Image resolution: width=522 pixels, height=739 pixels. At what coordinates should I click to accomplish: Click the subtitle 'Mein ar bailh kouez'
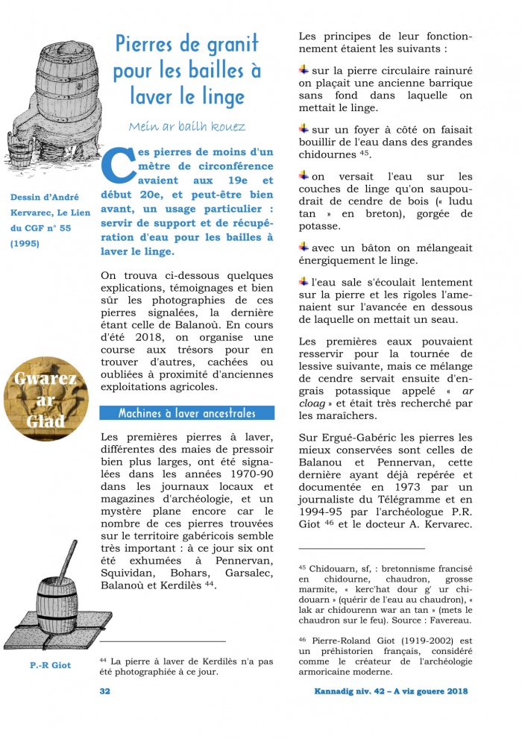coord(186,126)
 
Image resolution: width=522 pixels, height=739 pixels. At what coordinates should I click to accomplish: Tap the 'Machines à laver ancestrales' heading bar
coord(186,413)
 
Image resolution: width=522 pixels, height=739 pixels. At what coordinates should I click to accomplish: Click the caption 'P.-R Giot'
coord(51,664)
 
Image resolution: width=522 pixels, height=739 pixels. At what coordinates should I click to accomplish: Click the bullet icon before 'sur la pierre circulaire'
coord(304,69)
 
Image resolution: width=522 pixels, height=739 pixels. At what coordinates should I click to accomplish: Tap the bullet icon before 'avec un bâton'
coord(304,246)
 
